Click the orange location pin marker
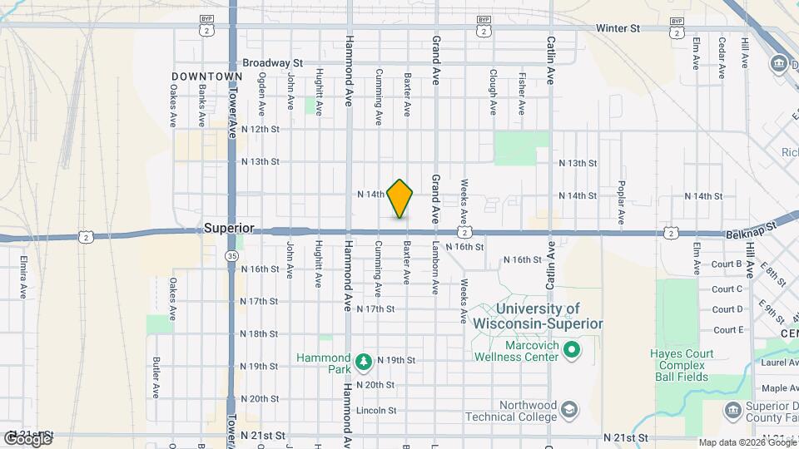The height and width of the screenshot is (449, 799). pos(400,198)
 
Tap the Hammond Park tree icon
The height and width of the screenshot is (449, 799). pos(362,362)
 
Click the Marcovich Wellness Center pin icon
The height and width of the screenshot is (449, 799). pos(571,351)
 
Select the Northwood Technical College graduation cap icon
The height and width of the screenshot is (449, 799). pos(568,410)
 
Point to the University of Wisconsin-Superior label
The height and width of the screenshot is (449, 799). pos(537,316)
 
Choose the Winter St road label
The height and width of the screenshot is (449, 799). pos(618,28)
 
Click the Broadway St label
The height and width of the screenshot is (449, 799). pos(272,62)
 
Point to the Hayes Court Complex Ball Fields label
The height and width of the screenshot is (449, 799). pos(682,365)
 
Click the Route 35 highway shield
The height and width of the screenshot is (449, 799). pos(231,257)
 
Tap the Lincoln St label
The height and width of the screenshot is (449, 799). pos(375,411)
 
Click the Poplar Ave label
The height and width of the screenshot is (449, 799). pos(622,204)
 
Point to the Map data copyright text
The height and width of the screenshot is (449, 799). pos(746,442)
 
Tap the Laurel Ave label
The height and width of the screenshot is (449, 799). pos(779,363)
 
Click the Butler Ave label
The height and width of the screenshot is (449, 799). pos(156,377)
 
